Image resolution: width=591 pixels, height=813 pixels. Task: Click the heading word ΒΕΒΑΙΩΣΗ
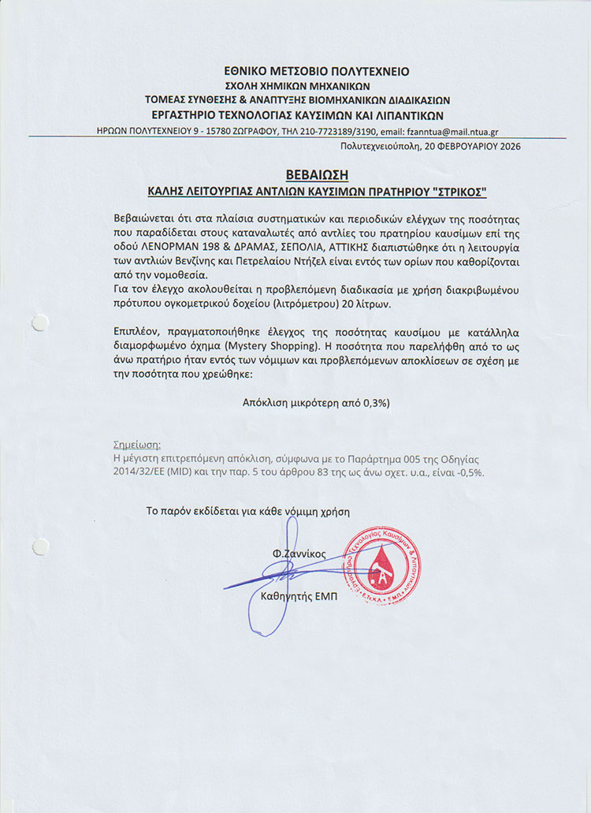pyautogui.click(x=316, y=174)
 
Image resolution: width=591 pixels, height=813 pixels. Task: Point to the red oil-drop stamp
pyautogui.click(x=381, y=566)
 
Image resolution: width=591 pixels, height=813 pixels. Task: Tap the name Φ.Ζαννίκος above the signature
pyautogui.click(x=299, y=554)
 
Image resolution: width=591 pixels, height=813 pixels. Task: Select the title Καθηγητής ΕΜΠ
pyautogui.click(x=299, y=597)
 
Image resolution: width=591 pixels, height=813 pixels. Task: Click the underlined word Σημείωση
pyautogui.click(x=137, y=444)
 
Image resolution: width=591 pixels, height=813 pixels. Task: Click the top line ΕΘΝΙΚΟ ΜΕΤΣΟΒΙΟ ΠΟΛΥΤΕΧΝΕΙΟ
pyautogui.click(x=316, y=71)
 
